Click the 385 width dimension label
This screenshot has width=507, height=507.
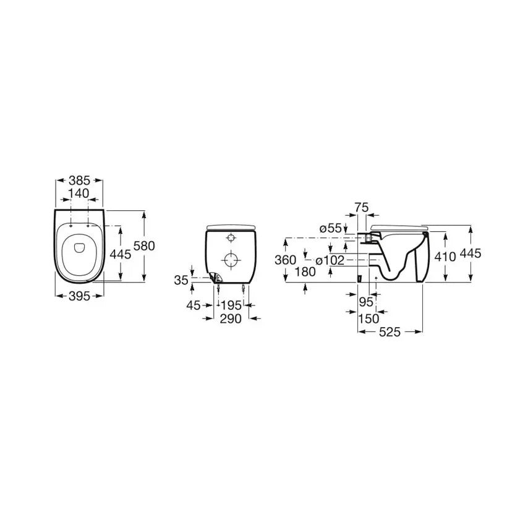point(79,181)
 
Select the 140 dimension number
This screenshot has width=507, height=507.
point(79,194)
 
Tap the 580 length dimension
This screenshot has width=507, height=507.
point(144,246)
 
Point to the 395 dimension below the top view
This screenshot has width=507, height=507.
point(80,296)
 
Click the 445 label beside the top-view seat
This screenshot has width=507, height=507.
point(121,255)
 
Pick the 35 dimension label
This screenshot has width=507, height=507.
point(181,280)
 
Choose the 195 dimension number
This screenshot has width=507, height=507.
point(231,305)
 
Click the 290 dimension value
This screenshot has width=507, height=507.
point(231,319)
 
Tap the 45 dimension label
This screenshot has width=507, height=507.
point(194,305)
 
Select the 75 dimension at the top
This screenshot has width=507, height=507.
point(362,207)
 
